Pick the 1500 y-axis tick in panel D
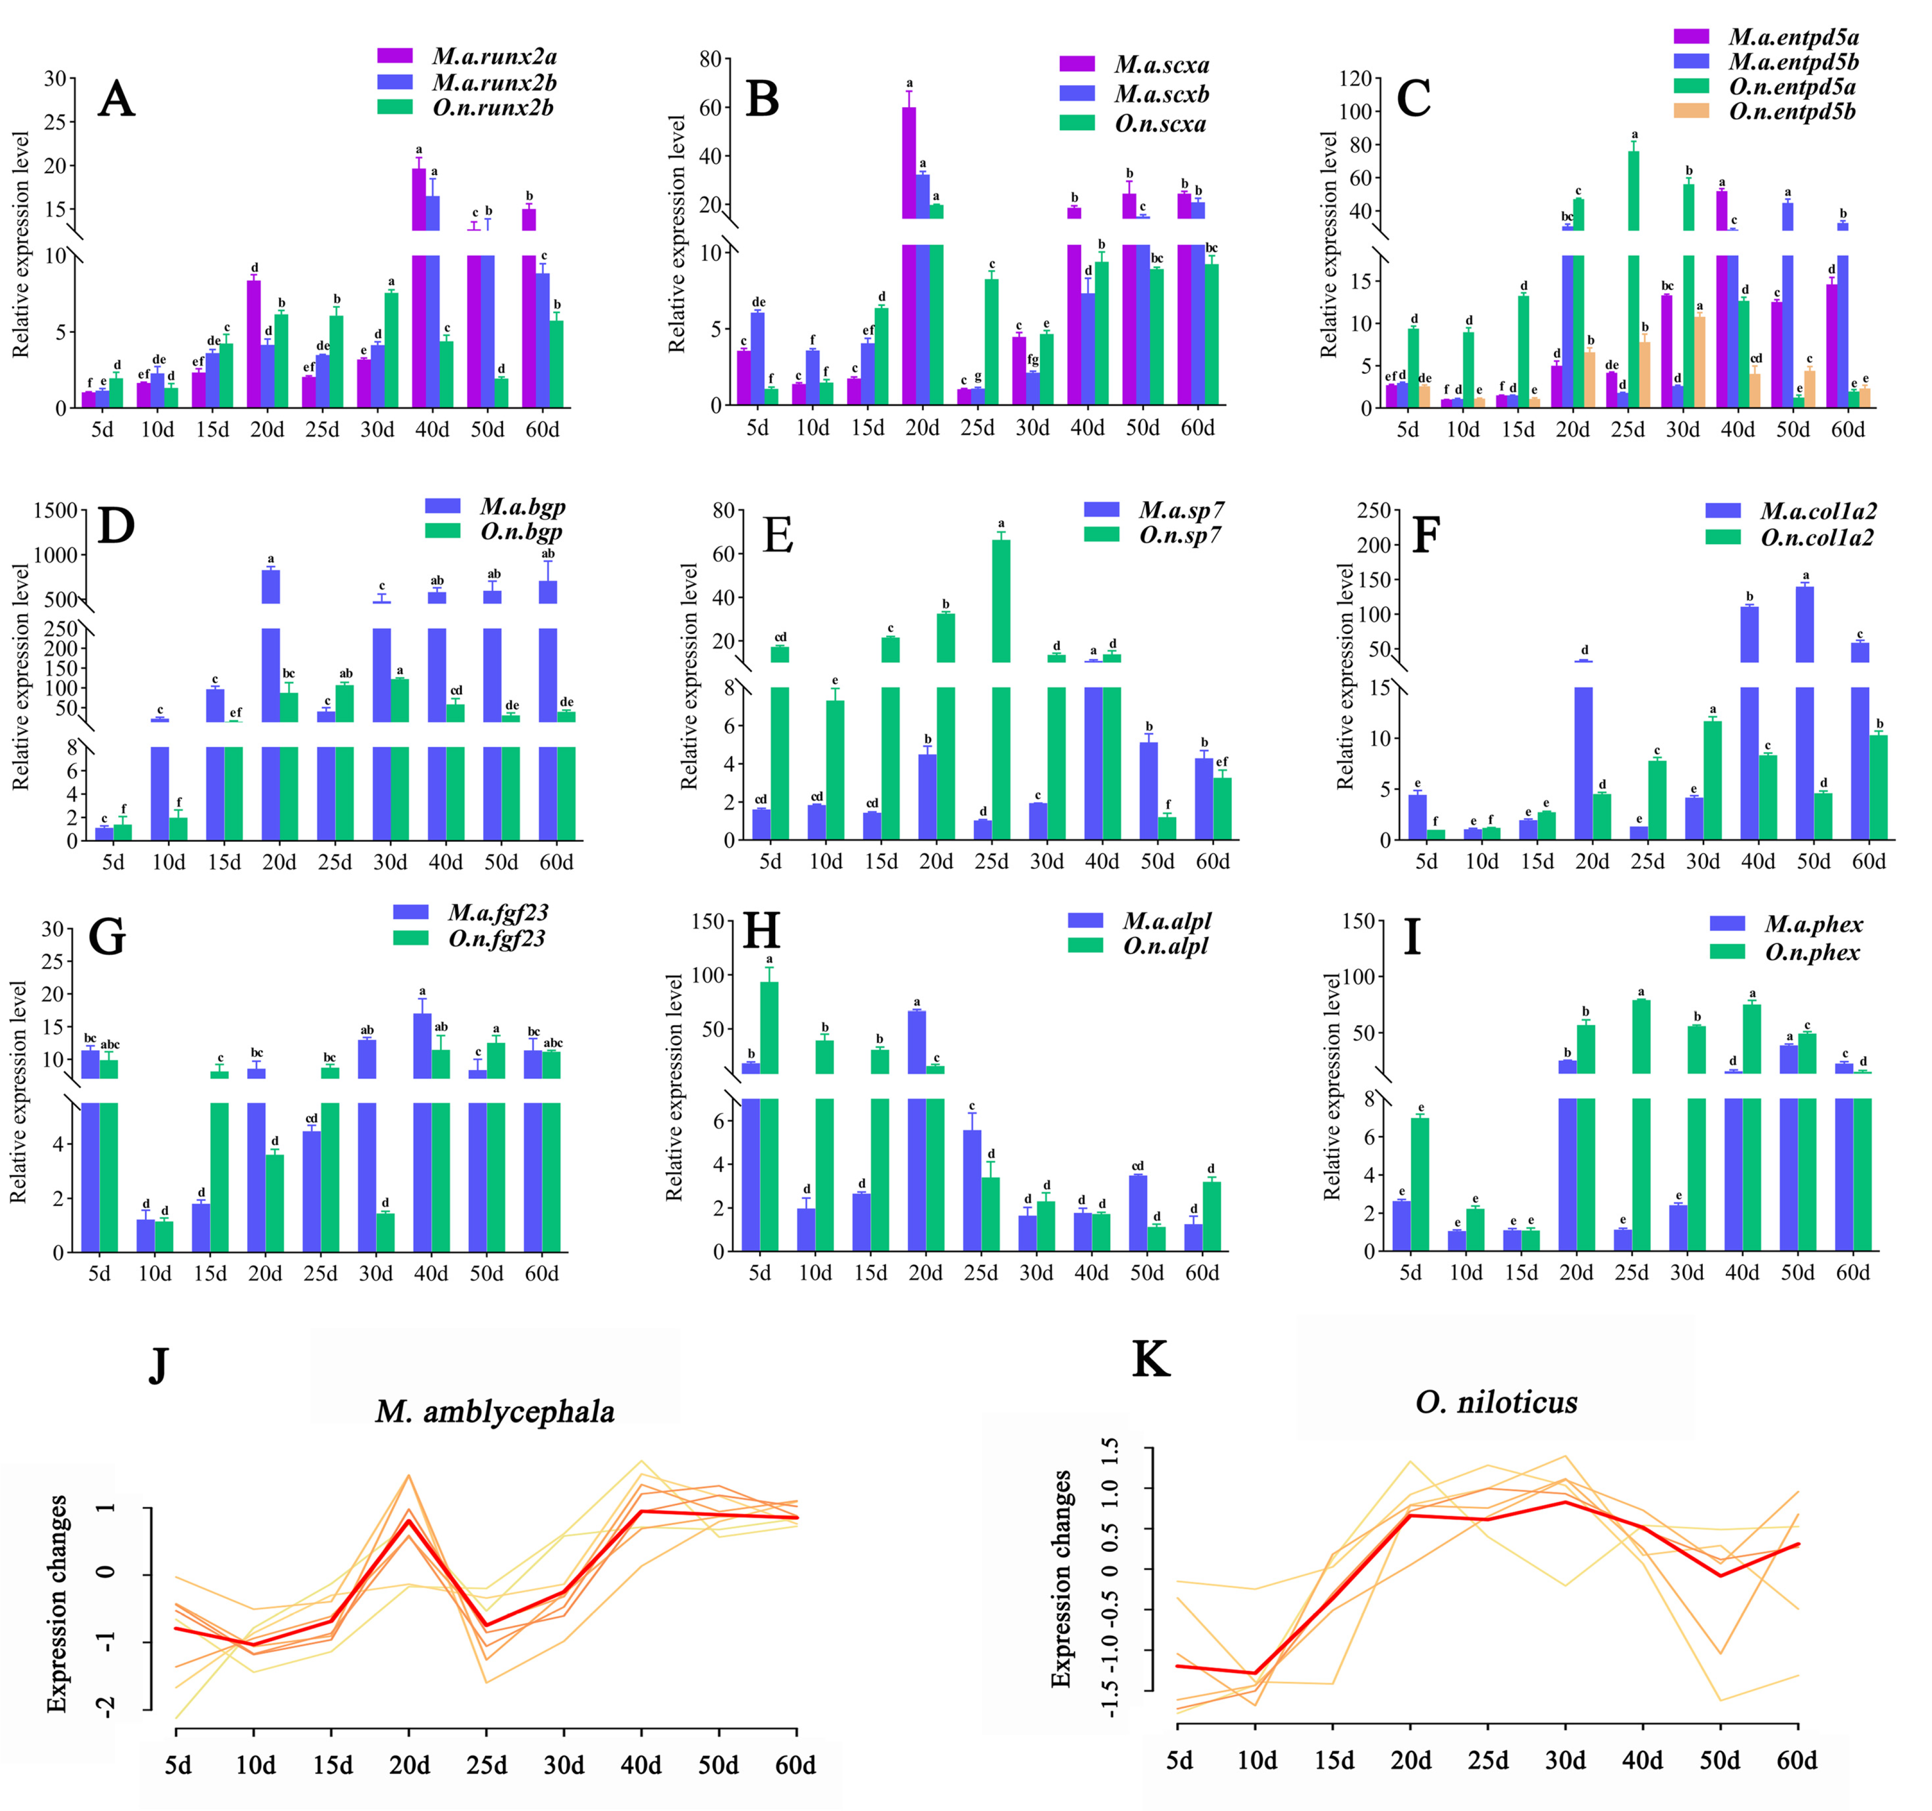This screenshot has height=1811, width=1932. [x=56, y=511]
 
